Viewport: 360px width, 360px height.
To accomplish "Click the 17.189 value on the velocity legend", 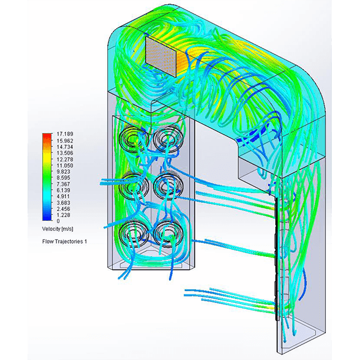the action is pos(65,134).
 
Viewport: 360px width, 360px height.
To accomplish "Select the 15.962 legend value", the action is pos(65,140).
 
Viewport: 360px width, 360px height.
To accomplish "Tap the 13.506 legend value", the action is pos(65,153).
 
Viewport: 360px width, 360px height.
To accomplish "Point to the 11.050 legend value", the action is pos(65,166).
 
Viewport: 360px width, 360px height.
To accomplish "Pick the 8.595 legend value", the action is pos(64,178).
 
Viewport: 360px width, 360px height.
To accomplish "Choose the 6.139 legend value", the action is pos(64,190).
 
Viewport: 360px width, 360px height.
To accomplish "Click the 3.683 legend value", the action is pos(64,203).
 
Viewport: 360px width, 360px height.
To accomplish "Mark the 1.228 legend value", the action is pos(64,215).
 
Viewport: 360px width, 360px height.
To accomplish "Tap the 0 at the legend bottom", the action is pos(58,221).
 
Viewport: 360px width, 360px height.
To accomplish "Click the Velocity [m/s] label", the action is pos(58,229).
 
